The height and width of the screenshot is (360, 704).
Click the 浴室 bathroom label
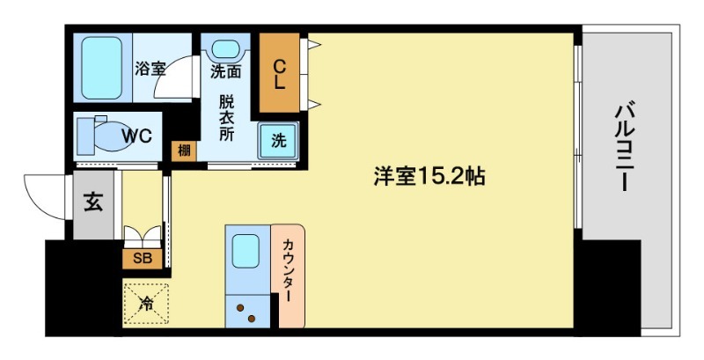point(150,68)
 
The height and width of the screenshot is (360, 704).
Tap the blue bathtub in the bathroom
point(101,69)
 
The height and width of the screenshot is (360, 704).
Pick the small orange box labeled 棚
point(183,151)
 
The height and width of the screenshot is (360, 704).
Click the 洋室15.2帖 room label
point(429,176)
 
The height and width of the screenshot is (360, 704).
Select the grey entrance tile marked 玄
point(93,202)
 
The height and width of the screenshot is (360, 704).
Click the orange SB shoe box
point(141,259)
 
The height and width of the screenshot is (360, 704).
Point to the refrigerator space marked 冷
point(145,303)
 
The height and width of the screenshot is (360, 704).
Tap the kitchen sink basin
point(246,250)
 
